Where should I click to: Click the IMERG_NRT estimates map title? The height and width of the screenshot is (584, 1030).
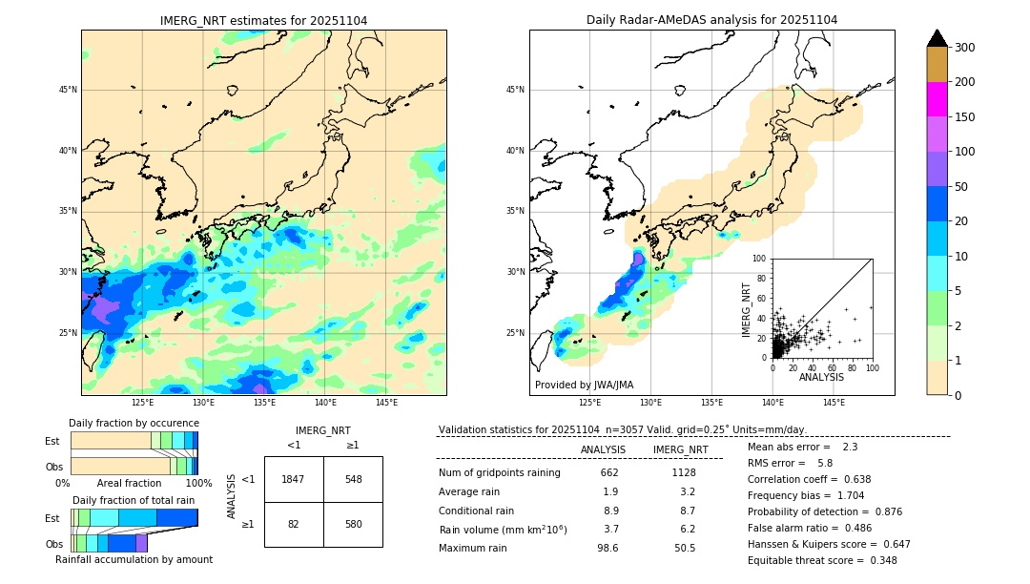[263, 20]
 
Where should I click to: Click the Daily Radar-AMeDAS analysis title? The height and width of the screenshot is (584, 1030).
[711, 20]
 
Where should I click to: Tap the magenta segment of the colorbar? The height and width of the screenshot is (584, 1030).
[937, 99]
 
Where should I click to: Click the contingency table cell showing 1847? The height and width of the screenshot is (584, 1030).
[294, 479]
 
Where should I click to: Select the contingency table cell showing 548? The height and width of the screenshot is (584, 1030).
[353, 479]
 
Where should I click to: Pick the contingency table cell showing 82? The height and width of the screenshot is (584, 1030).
[294, 524]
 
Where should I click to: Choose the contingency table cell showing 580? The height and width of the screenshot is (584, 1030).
[353, 524]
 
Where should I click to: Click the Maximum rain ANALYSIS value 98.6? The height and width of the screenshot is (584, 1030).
[609, 548]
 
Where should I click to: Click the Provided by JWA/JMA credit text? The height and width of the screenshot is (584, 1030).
[584, 385]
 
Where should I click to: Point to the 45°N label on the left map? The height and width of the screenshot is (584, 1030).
[68, 90]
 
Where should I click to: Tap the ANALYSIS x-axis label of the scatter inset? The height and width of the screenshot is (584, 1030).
[821, 377]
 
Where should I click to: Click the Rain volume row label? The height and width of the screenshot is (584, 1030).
[503, 530]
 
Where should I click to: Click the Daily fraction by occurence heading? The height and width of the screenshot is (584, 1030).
[134, 423]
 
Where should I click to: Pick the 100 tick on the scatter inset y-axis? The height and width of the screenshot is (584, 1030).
[760, 259]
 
